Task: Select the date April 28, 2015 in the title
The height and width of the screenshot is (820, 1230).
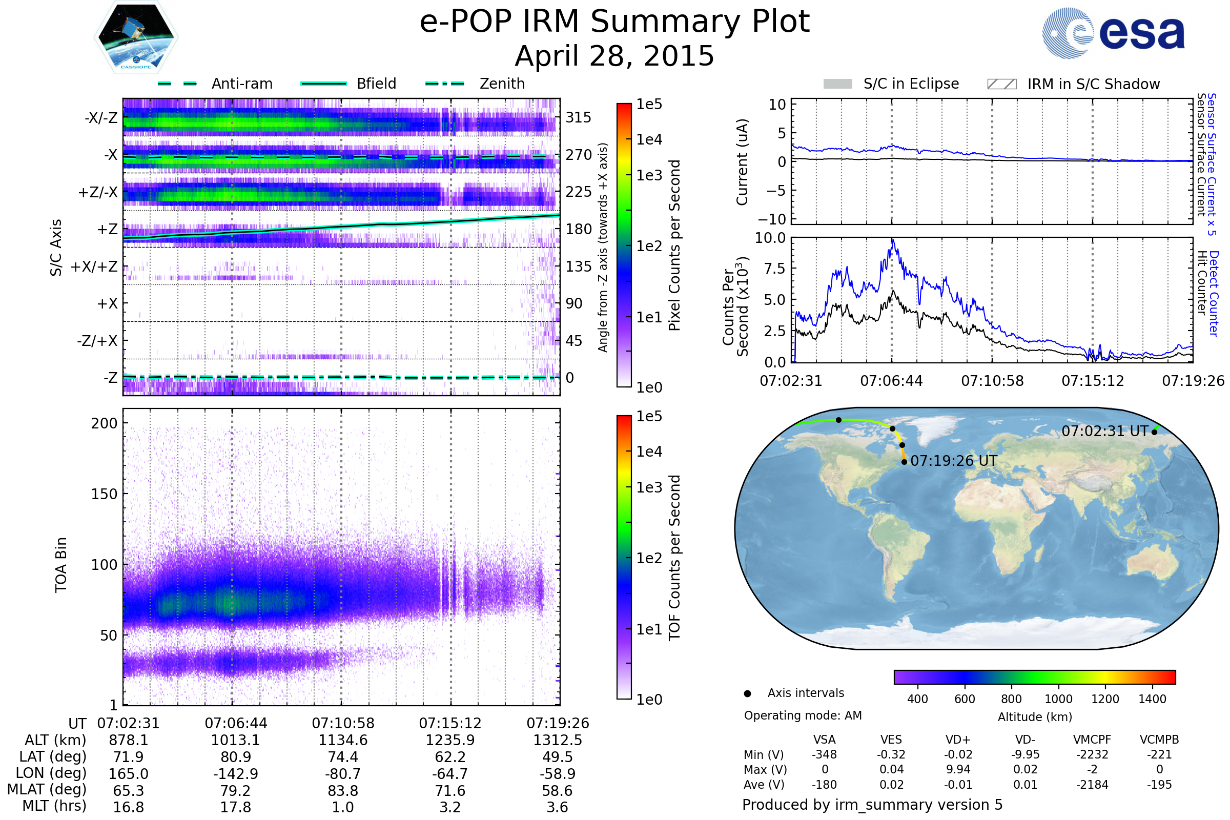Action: pyautogui.click(x=614, y=56)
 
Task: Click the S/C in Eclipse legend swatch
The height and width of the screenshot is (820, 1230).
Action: pyautogui.click(x=837, y=84)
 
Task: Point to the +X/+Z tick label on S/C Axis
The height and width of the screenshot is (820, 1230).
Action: pyautogui.click(x=94, y=266)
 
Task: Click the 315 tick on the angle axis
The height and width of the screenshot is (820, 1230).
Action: pyautogui.click(x=579, y=118)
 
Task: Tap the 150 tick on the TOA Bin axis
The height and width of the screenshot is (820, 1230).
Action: pyautogui.click(x=104, y=494)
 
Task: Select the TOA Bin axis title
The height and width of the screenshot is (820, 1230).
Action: pyautogui.click(x=61, y=565)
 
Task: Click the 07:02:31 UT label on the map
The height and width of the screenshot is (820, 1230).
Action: pyautogui.click(x=1104, y=432)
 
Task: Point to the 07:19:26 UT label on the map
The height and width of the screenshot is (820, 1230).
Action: pyautogui.click(x=953, y=461)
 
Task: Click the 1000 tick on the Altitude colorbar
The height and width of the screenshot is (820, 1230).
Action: pyautogui.click(x=1058, y=699)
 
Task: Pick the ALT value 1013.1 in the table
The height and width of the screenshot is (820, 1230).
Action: pyautogui.click(x=235, y=741)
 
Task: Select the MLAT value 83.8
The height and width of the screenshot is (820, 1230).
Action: pyautogui.click(x=342, y=791)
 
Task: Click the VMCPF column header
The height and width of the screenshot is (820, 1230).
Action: pyautogui.click(x=1092, y=740)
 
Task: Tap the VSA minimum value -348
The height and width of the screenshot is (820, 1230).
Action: pyautogui.click(x=824, y=754)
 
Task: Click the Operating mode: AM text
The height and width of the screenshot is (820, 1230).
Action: pyautogui.click(x=803, y=715)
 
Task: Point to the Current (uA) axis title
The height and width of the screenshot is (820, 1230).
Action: pyautogui.click(x=742, y=162)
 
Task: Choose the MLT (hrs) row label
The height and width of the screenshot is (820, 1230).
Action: pyautogui.click(x=54, y=806)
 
